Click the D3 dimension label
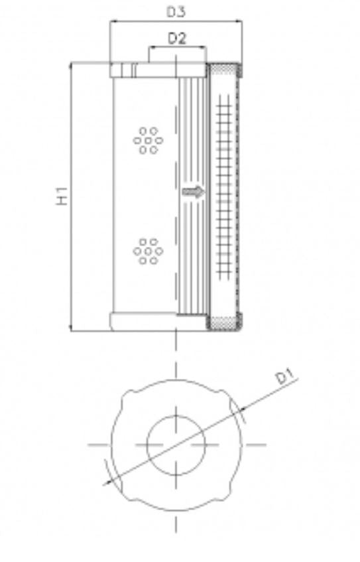(176, 11)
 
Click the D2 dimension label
(176, 38)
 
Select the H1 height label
(63, 196)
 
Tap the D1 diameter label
(285, 378)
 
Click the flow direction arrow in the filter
(194, 192)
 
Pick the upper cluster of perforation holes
(147, 140)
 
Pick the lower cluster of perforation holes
(147, 251)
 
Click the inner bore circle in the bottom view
(176, 443)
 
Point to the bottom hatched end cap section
(225, 323)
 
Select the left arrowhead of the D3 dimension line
(112, 22)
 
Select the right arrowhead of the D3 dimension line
(240, 22)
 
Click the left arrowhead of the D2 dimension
(151, 48)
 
